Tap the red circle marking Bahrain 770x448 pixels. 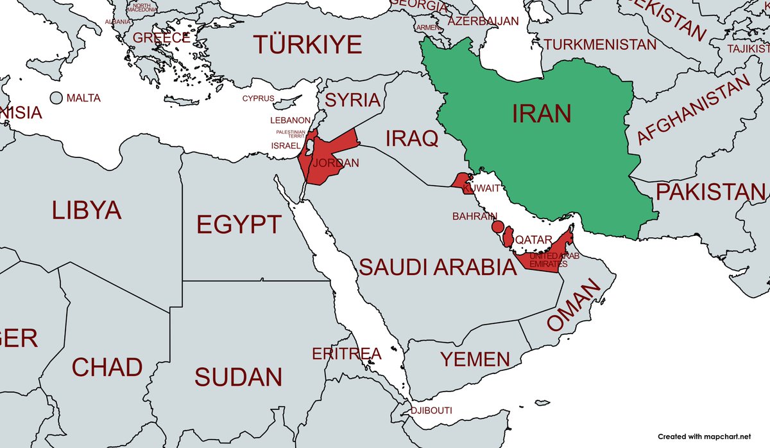pyautogui.click(x=497, y=227)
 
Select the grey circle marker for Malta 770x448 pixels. pyautogui.click(x=56, y=98)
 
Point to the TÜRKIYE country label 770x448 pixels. pyautogui.click(x=307, y=45)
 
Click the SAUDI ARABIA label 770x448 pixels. pyautogui.click(x=437, y=267)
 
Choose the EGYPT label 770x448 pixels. pyautogui.click(x=238, y=225)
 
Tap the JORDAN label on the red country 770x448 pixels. pyautogui.click(x=336, y=163)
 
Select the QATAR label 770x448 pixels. pyautogui.click(x=534, y=240)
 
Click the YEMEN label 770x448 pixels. pyautogui.click(x=475, y=359)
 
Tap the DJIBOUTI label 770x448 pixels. pyautogui.click(x=432, y=411)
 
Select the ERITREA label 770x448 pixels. pyautogui.click(x=346, y=354)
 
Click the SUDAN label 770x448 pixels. pyautogui.click(x=238, y=377)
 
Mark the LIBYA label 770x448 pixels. pyautogui.click(x=87, y=210)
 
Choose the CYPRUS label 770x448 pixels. pyautogui.click(x=258, y=98)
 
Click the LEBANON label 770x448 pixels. pyautogui.click(x=290, y=120)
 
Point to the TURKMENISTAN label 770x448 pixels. pyautogui.click(x=600, y=44)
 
